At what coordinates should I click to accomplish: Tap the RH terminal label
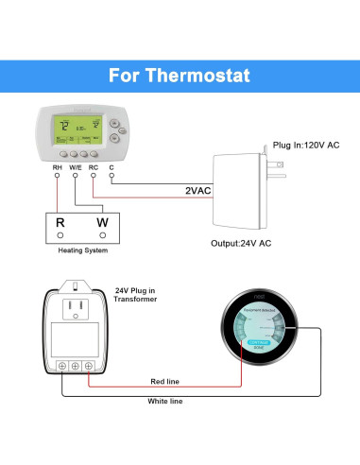point(58,168)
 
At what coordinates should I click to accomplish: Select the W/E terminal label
point(76,168)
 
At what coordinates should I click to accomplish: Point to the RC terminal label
point(93,168)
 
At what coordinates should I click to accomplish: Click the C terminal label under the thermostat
point(111,168)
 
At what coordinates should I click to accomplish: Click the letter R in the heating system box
point(60,223)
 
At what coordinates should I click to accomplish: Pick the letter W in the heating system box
point(101,223)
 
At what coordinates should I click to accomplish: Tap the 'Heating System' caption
point(78,252)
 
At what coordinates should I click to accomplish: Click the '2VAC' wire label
point(198,191)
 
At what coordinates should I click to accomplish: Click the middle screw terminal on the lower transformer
point(76,364)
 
